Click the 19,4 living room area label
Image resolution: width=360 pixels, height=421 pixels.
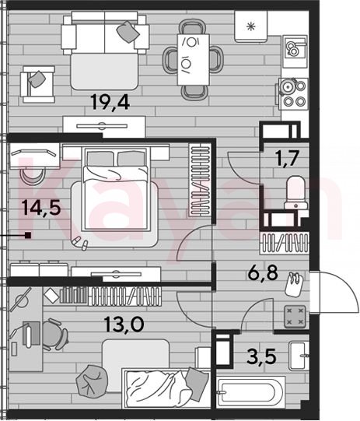pos(110,102)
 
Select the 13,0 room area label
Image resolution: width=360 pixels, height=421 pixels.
pos(124,324)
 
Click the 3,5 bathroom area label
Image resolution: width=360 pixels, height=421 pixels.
pos(261,356)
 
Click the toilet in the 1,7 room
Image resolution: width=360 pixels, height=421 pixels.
pos(296,192)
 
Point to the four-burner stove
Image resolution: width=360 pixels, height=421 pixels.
pos(293,94)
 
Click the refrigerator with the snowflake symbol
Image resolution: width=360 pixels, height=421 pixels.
pos(251,26)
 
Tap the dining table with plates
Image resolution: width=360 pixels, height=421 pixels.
pos(193,60)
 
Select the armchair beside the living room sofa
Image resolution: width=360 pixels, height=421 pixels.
pos(38,84)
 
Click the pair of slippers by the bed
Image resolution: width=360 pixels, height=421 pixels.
pos(80,243)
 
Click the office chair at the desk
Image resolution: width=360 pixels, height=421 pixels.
pos(54,334)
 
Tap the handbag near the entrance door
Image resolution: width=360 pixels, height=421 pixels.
pos(294,284)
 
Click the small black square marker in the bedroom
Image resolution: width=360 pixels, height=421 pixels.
pos(28,236)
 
